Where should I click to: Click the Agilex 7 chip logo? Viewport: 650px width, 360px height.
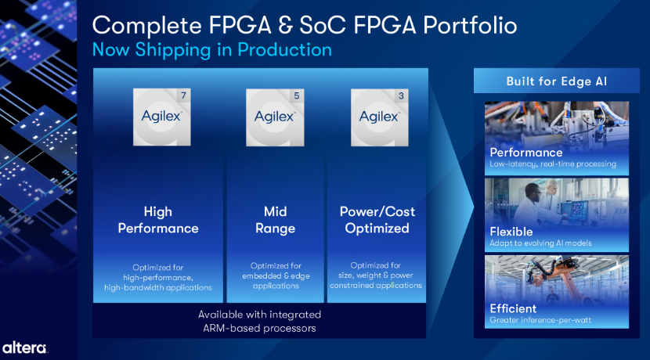[x=161, y=117]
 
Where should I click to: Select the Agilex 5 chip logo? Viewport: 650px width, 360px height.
[x=275, y=117]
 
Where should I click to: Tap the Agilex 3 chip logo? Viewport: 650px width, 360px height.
[x=379, y=117]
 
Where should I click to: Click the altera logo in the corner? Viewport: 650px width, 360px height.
[x=24, y=348]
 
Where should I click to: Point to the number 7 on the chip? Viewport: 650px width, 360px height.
[x=183, y=95]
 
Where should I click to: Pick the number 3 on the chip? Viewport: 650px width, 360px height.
[x=401, y=96]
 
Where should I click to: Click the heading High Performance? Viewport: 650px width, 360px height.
[x=158, y=220]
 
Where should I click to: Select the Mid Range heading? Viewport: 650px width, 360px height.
[x=275, y=220]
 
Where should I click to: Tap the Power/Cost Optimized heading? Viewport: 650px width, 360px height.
[x=377, y=220]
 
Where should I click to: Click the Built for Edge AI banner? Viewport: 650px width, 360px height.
[x=556, y=81]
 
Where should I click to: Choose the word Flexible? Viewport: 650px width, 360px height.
[x=511, y=232]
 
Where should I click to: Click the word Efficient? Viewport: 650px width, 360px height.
[x=513, y=308]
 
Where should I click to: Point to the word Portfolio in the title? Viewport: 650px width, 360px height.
[x=470, y=26]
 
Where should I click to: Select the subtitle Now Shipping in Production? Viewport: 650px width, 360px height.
[x=211, y=50]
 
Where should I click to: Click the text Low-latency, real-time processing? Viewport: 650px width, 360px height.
[x=553, y=164]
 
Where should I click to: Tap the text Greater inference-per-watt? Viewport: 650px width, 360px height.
[x=540, y=320]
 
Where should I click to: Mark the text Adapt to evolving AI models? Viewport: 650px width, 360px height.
[x=540, y=243]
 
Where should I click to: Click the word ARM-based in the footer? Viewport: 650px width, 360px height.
[x=231, y=329]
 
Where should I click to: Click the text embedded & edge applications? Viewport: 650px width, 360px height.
[x=276, y=281]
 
